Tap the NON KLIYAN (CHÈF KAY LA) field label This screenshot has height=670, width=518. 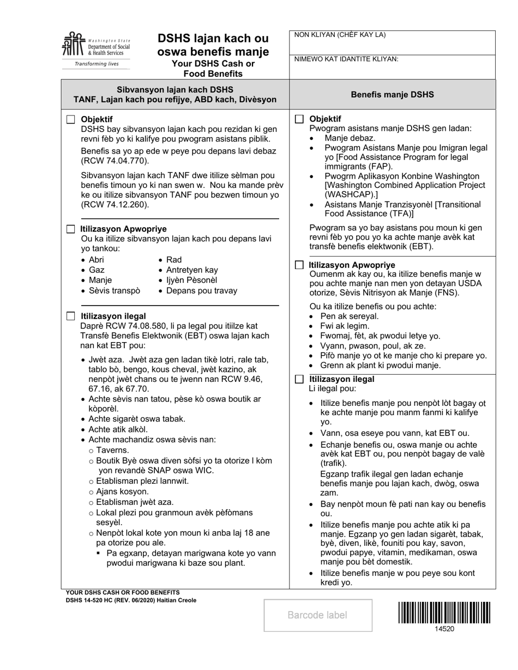click(340, 35)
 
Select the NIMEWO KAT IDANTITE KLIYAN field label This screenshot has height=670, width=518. click(346, 59)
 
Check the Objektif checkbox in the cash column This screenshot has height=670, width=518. click(71, 119)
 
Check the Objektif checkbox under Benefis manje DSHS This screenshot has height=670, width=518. click(299, 119)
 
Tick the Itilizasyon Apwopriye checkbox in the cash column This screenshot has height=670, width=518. click(71, 229)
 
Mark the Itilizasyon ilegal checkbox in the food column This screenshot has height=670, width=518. click(299, 379)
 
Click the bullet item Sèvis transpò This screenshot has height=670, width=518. click(114, 290)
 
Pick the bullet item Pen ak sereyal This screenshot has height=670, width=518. click(349, 316)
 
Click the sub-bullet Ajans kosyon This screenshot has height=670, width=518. click(122, 492)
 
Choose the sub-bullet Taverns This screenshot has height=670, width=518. click(112, 450)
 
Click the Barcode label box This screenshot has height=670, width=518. click(318, 616)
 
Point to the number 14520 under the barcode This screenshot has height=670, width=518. click(444, 629)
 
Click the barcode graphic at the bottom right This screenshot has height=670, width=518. click(444, 612)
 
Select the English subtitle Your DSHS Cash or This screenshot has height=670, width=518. click(213, 64)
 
